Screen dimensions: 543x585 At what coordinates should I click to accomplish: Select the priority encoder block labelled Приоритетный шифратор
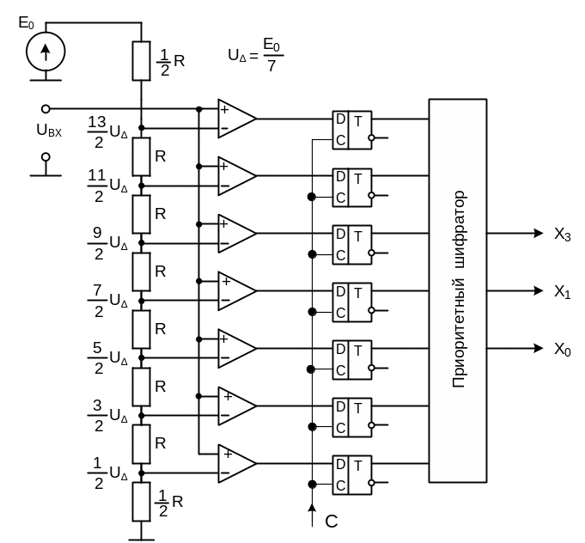(x=458, y=290)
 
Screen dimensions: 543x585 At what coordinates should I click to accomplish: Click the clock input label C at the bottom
(x=332, y=520)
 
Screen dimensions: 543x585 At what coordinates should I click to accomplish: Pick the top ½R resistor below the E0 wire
(x=141, y=60)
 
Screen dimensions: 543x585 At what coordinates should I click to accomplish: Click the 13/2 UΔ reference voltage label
(x=108, y=129)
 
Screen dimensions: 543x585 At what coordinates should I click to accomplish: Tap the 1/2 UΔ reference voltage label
(x=108, y=474)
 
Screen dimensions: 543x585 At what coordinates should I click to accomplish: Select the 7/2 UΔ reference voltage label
(x=108, y=302)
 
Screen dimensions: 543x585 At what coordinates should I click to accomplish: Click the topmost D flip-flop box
(x=352, y=131)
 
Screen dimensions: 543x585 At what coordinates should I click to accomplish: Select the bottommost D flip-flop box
(x=352, y=474)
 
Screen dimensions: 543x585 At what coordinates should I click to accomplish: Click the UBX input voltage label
(x=49, y=131)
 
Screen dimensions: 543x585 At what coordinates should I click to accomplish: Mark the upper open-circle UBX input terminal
(x=46, y=109)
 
